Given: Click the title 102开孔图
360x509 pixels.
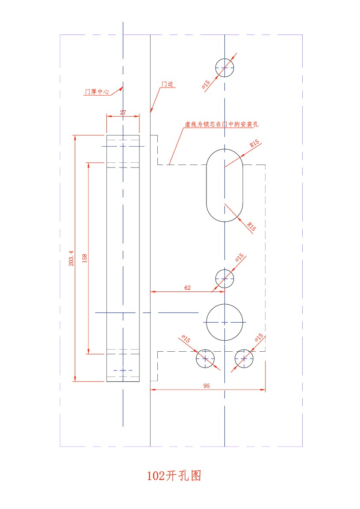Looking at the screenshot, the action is click(174, 476).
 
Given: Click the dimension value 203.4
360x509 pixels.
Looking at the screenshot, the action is click(71, 258).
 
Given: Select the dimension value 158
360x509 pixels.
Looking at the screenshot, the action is click(85, 258).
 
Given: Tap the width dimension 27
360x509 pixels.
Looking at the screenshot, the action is click(123, 112).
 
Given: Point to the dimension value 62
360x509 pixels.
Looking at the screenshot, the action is click(187, 288).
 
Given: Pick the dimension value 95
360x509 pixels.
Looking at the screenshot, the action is click(207, 385).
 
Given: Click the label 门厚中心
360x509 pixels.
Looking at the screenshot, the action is click(97, 92).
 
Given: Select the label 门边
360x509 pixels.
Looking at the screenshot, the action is click(168, 84).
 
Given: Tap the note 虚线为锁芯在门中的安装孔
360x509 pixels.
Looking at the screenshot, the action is click(222, 124).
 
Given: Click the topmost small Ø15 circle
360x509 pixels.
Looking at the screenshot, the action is click(224, 68).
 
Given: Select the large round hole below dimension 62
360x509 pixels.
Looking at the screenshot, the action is click(224, 322).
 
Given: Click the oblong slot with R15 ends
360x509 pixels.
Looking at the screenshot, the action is click(224, 185).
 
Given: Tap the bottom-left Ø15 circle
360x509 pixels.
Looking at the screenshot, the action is click(205, 359).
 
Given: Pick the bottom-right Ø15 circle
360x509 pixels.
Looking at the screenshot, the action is click(244, 359).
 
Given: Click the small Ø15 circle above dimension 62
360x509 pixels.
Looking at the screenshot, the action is click(224, 279).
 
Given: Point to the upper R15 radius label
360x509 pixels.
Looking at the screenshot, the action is click(254, 143).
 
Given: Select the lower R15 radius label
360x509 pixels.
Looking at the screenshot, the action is click(251, 226).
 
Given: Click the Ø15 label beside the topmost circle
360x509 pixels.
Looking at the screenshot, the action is click(206, 84).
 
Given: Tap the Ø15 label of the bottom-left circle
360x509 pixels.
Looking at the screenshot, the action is click(186, 339).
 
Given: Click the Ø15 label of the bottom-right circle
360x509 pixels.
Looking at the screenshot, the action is click(259, 338).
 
